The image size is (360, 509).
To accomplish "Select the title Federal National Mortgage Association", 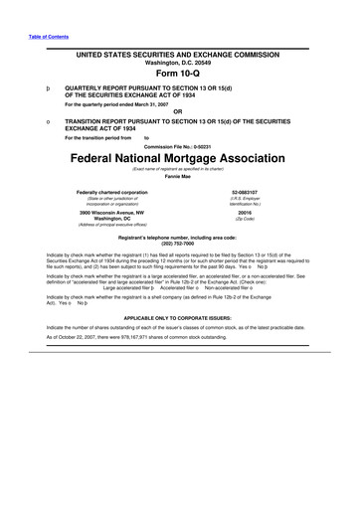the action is tap(179, 160).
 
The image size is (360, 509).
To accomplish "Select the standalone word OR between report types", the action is tap(179, 111).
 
